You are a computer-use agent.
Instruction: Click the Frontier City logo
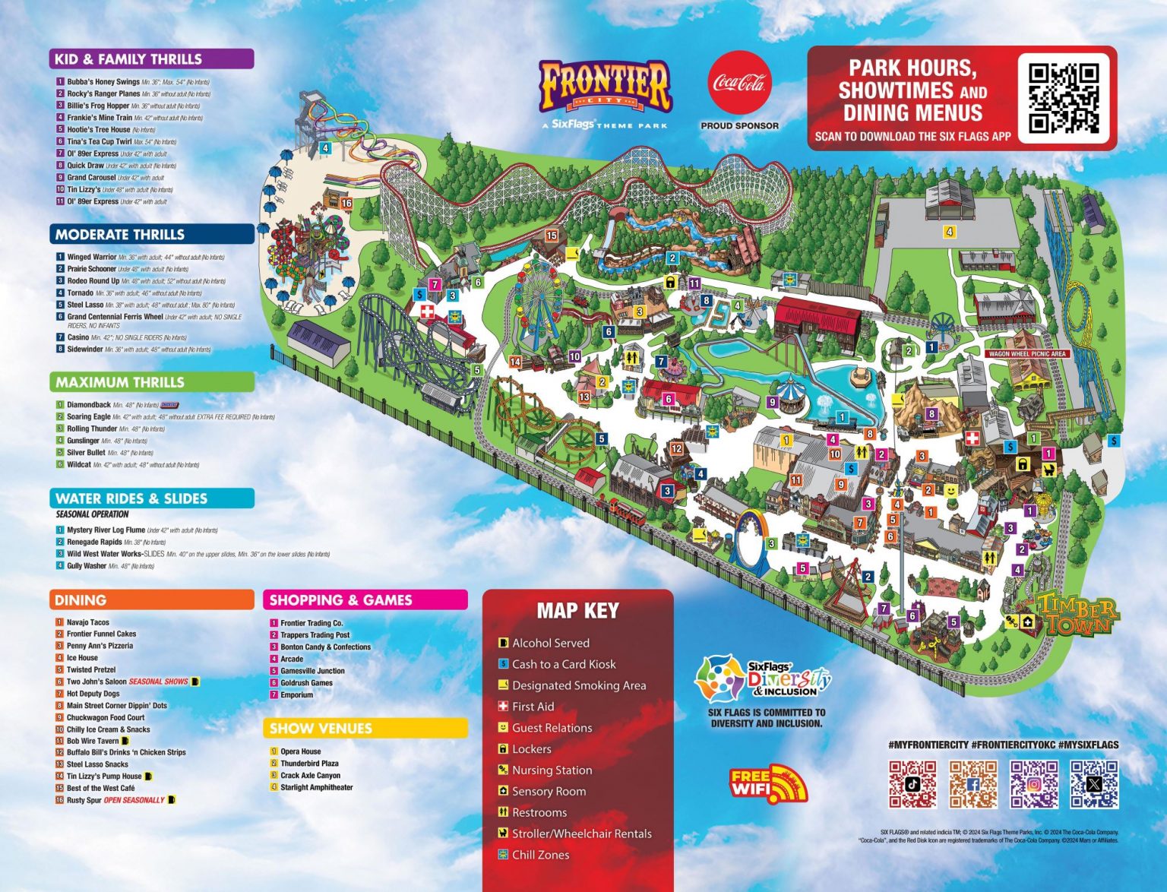[606, 88]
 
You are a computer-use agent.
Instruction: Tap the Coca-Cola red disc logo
[739, 84]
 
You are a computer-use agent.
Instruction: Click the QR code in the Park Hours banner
[1064, 97]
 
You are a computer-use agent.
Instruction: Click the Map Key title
[578, 611]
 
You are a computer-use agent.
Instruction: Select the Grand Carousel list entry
[91, 178]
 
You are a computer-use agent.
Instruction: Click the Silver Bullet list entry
[86, 453]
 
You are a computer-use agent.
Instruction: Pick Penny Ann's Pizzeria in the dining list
[100, 646]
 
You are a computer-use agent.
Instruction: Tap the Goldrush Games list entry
[306, 683]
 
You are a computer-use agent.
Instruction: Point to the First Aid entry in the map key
[533, 707]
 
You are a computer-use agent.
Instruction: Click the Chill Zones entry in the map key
[540, 855]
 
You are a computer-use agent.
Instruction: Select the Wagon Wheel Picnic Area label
[1027, 354]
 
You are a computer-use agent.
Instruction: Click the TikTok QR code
[912, 784]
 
